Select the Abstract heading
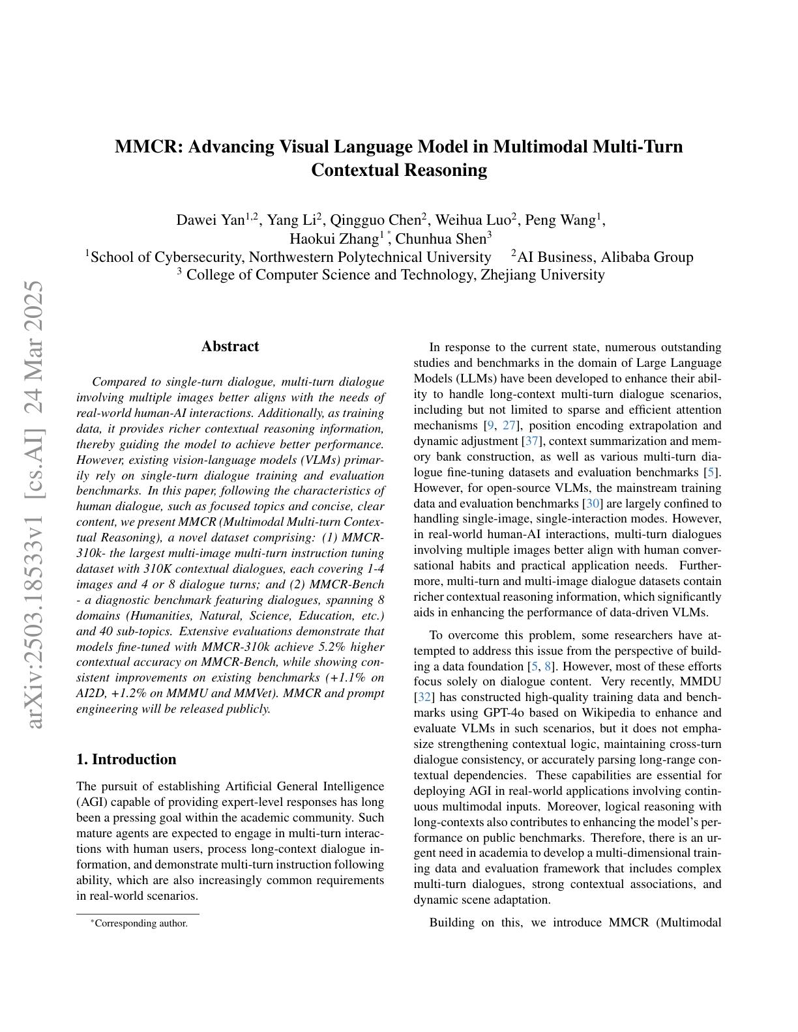click(229, 346)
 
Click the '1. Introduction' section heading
click(126, 759)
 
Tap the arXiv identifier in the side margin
click(33, 505)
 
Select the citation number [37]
click(531, 441)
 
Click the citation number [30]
click(592, 504)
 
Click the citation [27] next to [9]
click(509, 425)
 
